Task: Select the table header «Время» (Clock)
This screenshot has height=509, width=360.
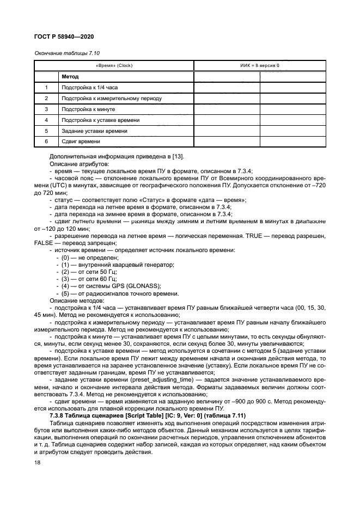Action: [114, 66]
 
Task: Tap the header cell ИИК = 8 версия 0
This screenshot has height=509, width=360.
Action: [260, 66]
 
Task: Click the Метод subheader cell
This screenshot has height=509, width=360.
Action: [70, 77]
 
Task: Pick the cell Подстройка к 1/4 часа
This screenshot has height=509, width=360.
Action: [89, 88]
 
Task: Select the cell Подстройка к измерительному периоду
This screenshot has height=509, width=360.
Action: [112, 99]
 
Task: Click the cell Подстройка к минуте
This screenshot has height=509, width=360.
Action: [88, 109]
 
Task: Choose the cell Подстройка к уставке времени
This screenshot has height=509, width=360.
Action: [101, 120]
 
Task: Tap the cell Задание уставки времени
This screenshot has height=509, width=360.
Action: [95, 131]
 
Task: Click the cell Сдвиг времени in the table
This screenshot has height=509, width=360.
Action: [81, 142]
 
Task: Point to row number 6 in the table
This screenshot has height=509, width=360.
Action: [46, 142]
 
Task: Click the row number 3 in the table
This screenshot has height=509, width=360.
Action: [46, 109]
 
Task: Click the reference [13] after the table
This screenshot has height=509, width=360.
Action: [177, 157]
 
